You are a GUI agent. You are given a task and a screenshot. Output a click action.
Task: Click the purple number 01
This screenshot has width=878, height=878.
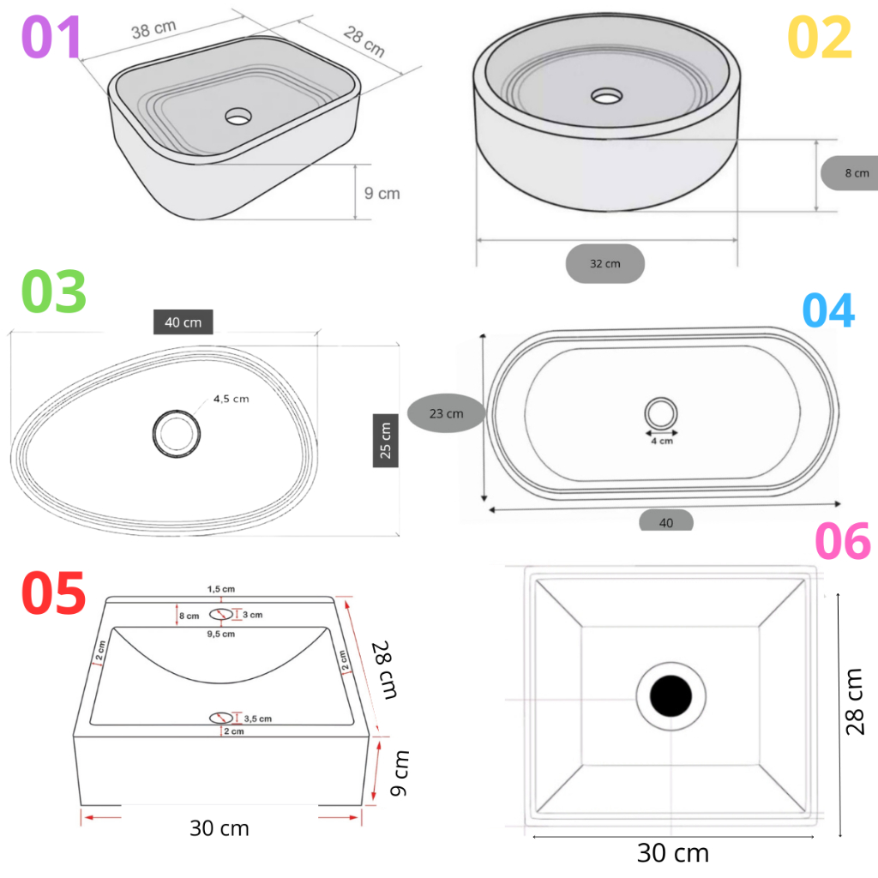click(51, 37)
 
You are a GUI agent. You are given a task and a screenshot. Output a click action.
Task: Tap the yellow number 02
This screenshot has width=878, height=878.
click(820, 38)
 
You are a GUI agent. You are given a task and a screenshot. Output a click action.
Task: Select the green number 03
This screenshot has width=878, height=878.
click(54, 292)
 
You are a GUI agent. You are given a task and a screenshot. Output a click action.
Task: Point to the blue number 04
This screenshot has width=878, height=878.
click(829, 310)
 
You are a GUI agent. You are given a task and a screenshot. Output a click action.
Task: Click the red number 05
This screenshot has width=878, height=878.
click(53, 592)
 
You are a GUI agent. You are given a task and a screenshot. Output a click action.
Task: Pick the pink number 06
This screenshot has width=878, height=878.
click(843, 541)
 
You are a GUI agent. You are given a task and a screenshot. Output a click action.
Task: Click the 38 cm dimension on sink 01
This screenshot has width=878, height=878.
click(154, 29)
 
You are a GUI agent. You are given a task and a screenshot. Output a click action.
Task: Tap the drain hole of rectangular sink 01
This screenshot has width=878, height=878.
click(238, 117)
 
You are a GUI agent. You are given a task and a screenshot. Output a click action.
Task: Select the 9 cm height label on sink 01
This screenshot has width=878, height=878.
click(382, 193)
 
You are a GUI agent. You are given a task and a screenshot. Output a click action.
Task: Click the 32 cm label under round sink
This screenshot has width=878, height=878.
click(604, 263)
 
